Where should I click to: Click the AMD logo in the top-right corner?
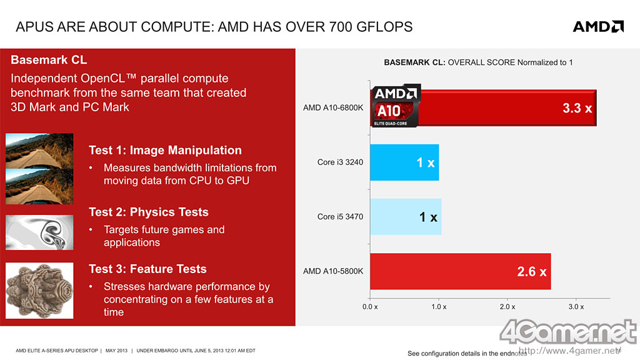598,26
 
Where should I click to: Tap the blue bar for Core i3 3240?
404,162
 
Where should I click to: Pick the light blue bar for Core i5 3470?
406,217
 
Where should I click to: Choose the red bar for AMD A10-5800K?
460,271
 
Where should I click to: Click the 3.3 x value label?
577,108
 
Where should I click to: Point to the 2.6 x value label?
532,272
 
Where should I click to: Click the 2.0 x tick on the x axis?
507,307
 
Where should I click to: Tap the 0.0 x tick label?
370,307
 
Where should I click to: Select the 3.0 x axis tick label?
576,307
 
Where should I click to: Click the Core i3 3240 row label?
340,162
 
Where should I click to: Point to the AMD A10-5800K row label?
333,271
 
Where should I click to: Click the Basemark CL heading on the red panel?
49,61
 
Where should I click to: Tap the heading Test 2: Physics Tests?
149,212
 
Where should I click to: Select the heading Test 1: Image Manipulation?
165,150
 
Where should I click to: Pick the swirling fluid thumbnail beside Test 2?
39,232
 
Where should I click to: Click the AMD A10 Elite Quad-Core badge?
396,107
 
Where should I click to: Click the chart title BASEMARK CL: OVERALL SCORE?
478,62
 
